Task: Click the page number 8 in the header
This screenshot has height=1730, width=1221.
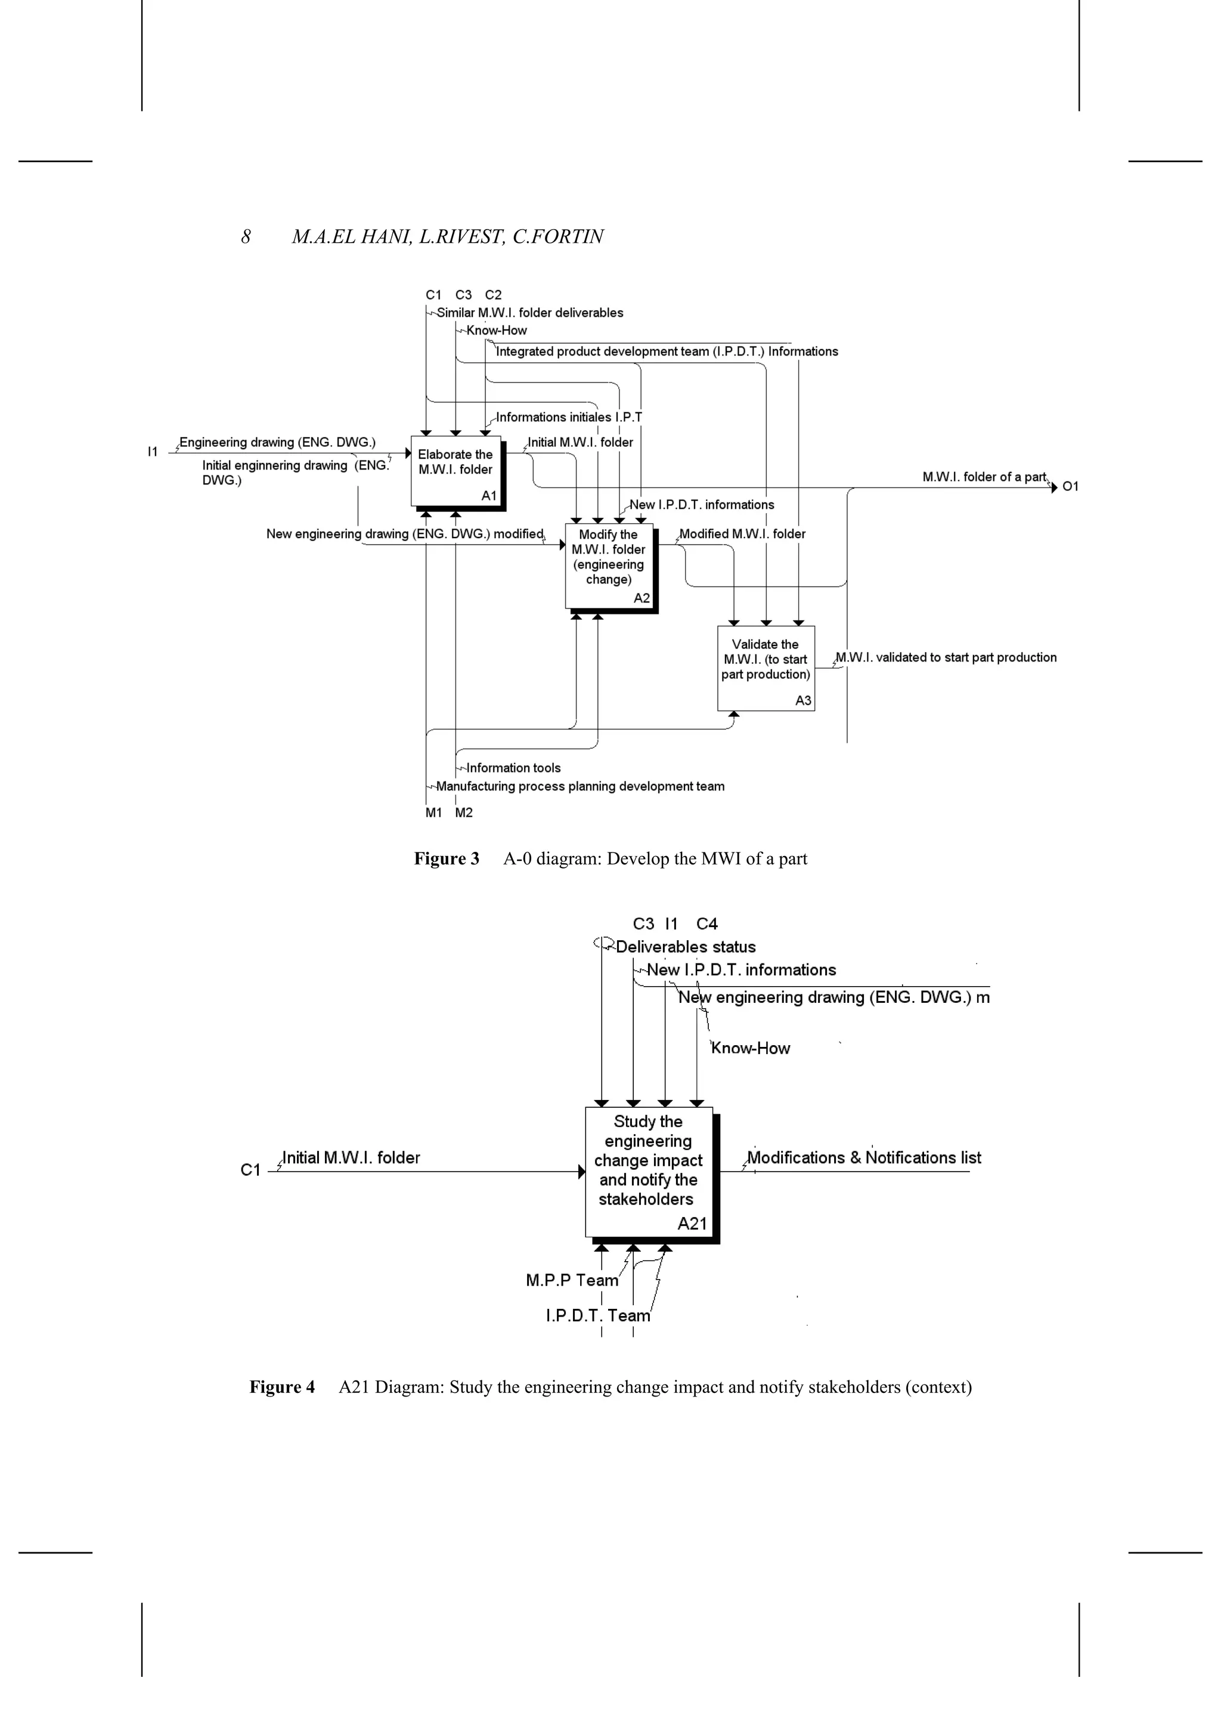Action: tap(246, 237)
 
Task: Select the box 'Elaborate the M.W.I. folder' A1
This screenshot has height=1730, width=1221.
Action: tap(455, 471)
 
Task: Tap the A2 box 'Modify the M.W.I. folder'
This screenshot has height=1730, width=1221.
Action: tap(609, 565)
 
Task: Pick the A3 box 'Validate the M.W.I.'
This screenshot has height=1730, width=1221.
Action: tap(766, 668)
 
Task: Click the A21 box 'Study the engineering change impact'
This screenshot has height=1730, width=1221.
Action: tap(649, 1172)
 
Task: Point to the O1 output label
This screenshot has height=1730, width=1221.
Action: tap(1070, 487)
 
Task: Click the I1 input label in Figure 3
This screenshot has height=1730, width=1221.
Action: tap(153, 452)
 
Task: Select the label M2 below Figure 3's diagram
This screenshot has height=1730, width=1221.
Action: tap(464, 813)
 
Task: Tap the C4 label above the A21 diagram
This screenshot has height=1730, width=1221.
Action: tap(706, 924)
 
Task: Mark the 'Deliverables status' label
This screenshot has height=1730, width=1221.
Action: tap(686, 947)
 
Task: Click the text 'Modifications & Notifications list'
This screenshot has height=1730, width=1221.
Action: tap(864, 1157)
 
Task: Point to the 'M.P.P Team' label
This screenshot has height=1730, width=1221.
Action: tap(572, 1280)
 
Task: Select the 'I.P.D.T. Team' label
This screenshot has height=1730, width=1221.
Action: tap(597, 1315)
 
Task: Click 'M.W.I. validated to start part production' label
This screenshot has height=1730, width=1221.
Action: tap(946, 657)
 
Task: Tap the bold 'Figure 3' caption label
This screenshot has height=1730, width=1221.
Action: tap(446, 859)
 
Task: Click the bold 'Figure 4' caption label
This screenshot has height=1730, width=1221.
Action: tap(282, 1387)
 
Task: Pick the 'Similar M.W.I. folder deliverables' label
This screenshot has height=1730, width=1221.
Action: tap(529, 313)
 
